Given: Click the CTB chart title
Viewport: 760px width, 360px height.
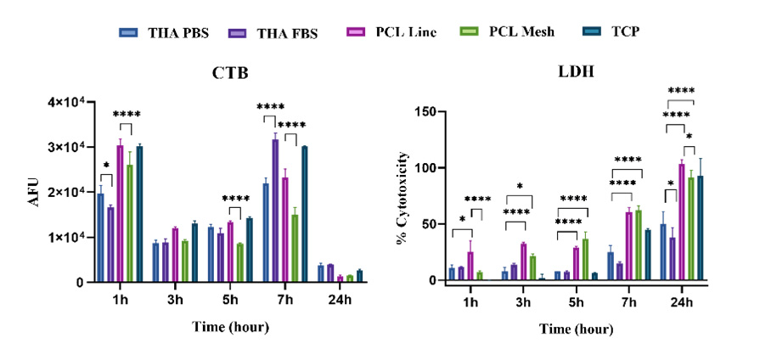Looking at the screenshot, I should (x=228, y=74).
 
